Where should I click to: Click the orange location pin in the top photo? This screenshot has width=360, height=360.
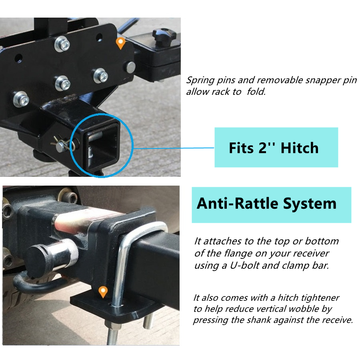[x=120, y=43]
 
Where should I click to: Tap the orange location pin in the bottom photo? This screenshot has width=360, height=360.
[x=103, y=292]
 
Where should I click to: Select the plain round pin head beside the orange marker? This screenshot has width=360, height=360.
[x=130, y=67]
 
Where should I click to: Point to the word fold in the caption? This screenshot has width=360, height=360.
[x=256, y=92]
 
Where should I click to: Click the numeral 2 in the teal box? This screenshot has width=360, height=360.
[x=262, y=148]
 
